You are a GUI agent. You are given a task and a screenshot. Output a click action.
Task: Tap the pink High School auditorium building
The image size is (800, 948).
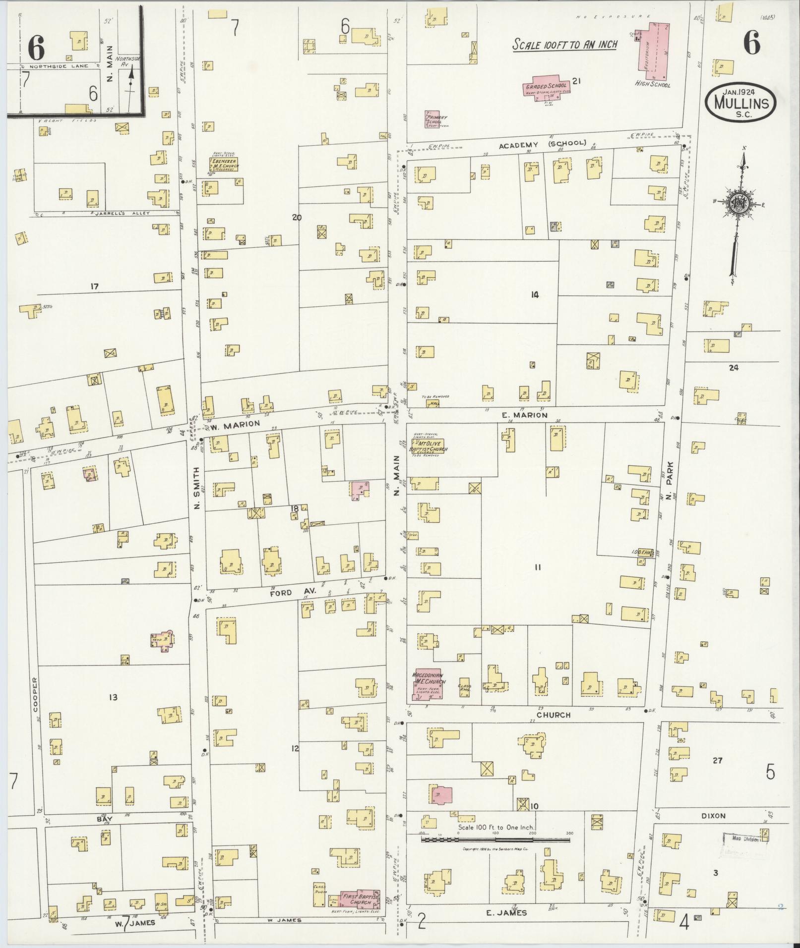[x=653, y=52]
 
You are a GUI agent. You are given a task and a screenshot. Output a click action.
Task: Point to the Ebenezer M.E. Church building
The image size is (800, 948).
[x=223, y=165]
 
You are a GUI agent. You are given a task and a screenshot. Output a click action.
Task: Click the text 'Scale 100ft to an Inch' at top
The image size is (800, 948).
[x=564, y=45]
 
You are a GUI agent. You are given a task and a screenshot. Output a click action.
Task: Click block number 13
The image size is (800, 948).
[x=113, y=697]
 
